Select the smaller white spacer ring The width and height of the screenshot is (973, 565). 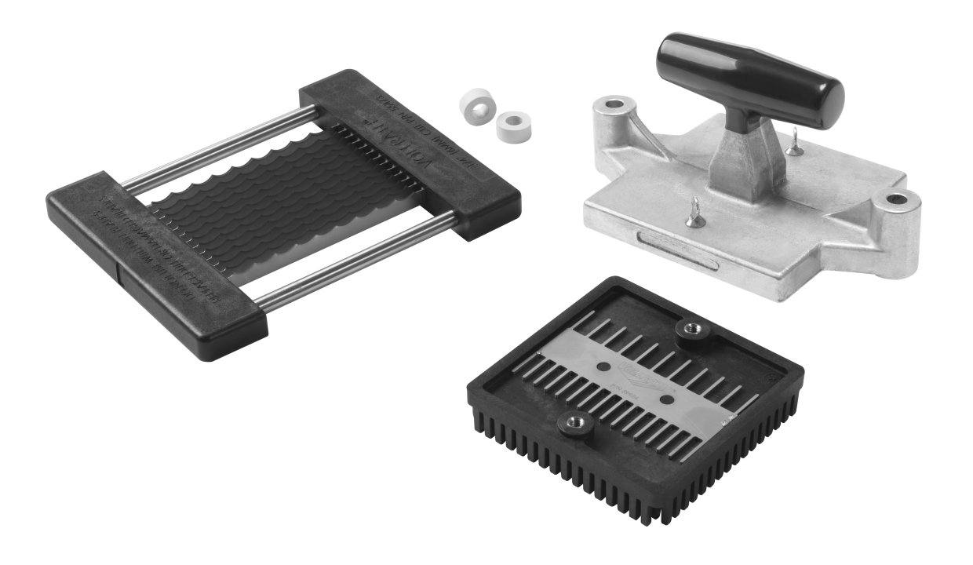tap(512, 124)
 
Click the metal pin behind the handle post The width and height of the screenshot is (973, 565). tap(795, 143)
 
